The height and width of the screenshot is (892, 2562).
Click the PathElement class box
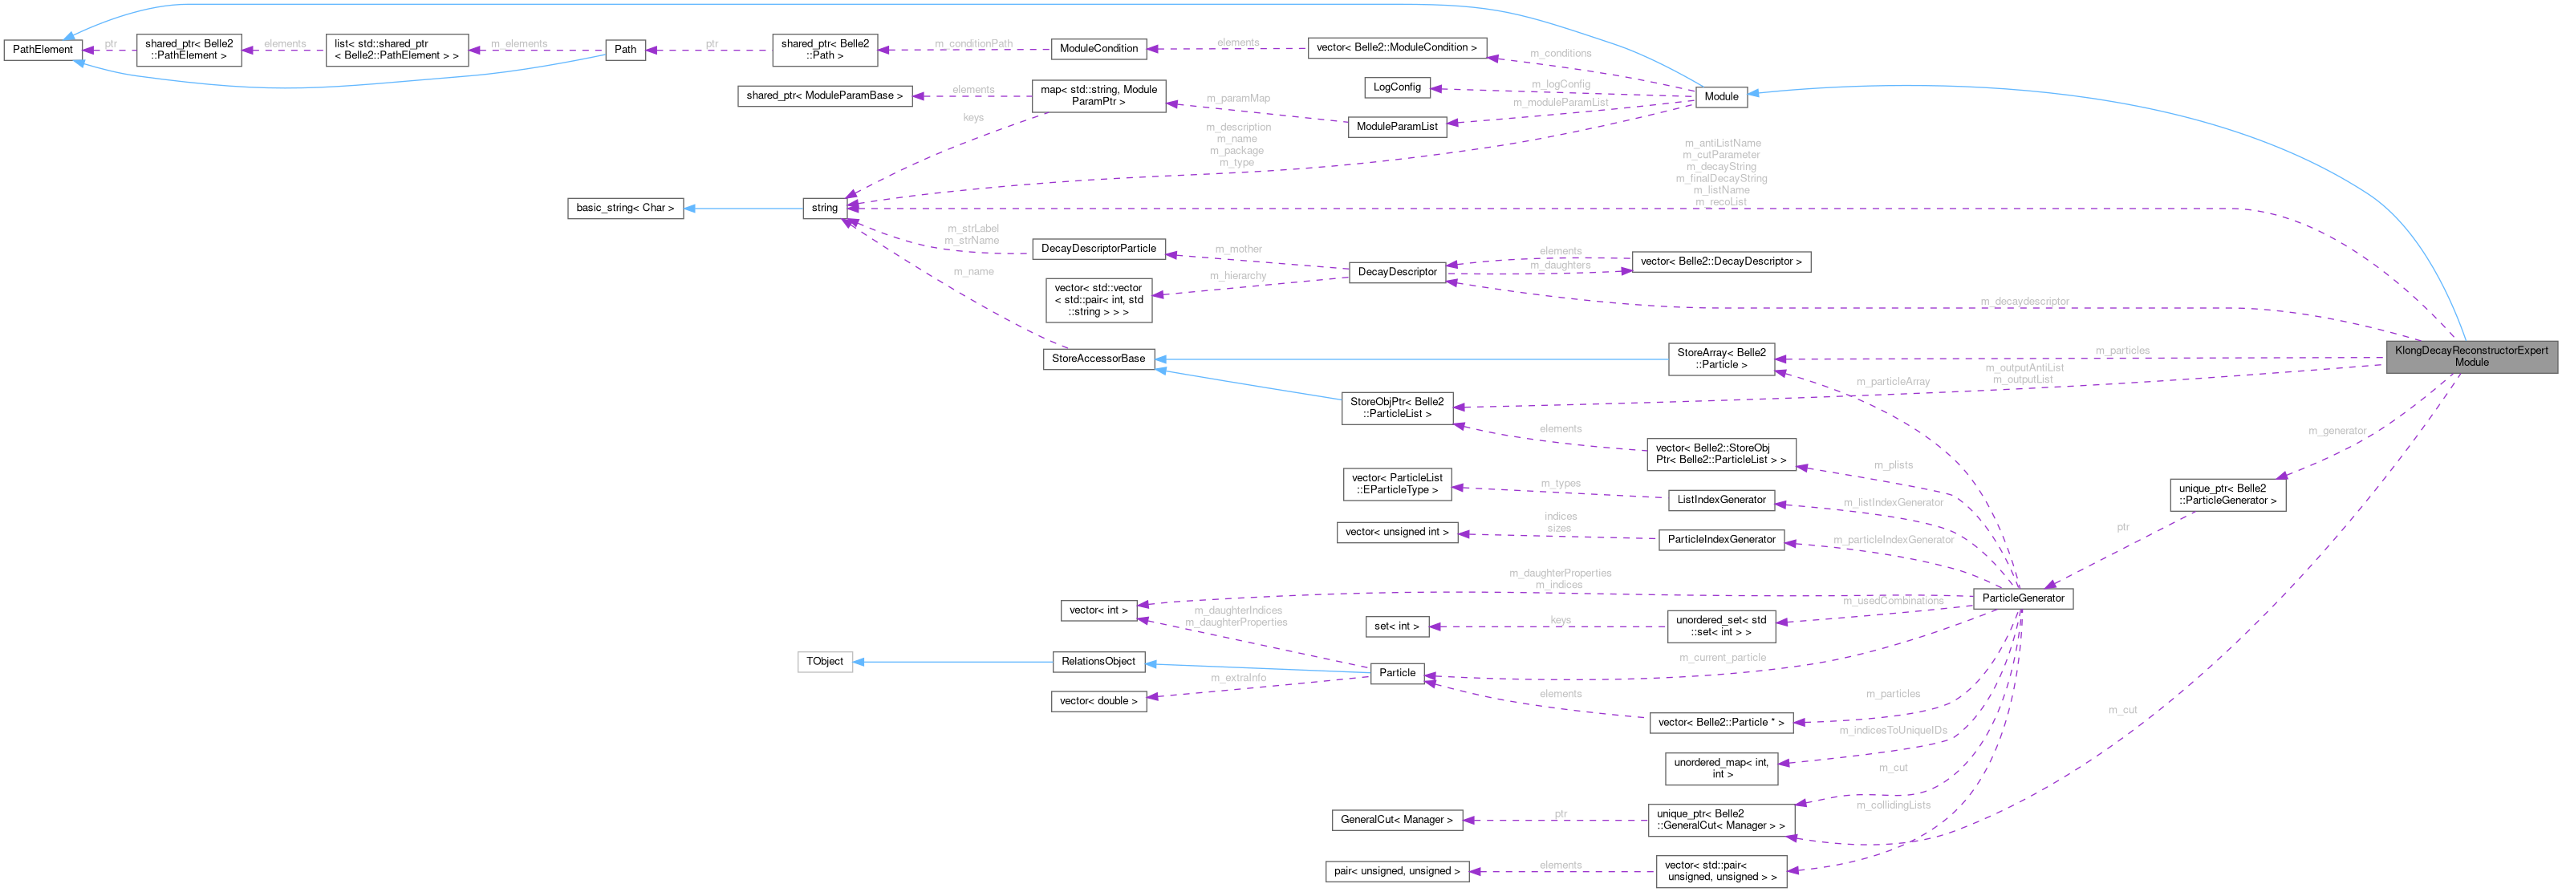click(x=42, y=49)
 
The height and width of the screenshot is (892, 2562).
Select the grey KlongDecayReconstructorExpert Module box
click(x=2471, y=356)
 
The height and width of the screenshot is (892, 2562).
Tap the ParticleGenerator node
click(x=2022, y=598)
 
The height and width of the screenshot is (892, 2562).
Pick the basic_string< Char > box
click(x=624, y=208)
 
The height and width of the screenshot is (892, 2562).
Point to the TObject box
click(x=825, y=661)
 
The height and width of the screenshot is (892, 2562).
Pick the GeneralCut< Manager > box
click(x=1396, y=820)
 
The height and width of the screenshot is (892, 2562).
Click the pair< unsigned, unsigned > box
click(x=1396, y=871)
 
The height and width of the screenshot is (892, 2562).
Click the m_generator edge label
click(x=2337, y=431)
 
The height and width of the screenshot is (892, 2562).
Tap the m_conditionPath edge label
click(x=972, y=44)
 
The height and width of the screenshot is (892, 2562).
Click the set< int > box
click(x=1396, y=626)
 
